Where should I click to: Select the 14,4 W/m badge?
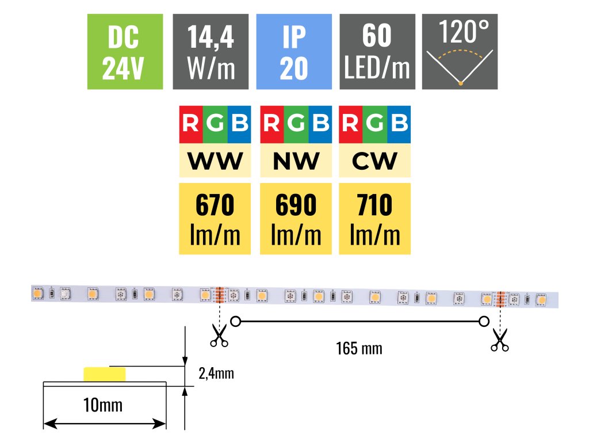[211, 52]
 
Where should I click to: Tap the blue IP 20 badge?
[294, 52]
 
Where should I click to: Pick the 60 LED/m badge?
[377, 52]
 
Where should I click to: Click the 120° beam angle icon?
[460, 52]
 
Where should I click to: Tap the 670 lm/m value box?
[215, 219]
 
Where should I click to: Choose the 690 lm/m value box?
[296, 219]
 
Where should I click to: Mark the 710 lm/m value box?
[375, 219]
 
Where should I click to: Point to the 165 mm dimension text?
[359, 348]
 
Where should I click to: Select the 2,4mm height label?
[216, 374]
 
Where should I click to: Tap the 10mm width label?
[104, 405]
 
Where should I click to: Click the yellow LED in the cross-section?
[104, 374]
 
